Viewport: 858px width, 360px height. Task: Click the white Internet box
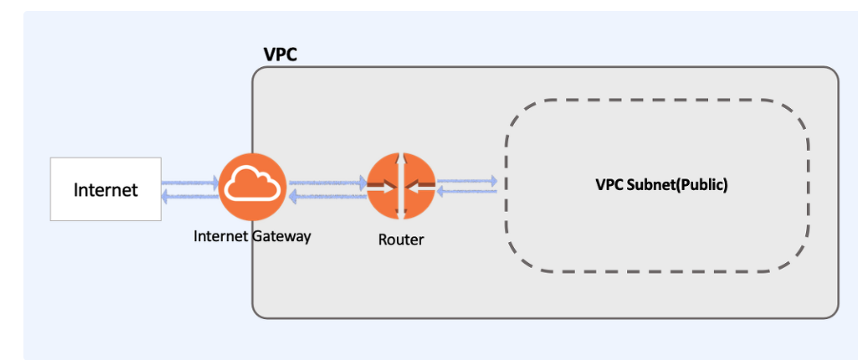(x=105, y=189)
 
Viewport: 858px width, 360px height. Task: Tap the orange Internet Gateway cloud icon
(x=253, y=187)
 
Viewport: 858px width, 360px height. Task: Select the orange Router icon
(x=401, y=186)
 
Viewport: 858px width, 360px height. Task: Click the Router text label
(x=401, y=239)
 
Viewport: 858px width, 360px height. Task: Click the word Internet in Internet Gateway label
(x=221, y=236)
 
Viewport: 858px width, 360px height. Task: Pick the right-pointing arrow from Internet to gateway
(x=190, y=182)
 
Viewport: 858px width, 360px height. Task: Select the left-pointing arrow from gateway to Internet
(x=190, y=196)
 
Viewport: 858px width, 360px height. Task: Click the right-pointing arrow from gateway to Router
(x=327, y=182)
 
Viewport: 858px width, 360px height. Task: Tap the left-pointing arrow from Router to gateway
(x=327, y=196)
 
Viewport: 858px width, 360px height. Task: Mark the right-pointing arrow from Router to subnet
(x=467, y=179)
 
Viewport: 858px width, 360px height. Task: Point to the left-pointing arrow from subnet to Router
(x=467, y=192)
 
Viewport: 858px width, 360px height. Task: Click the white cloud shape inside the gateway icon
(x=253, y=183)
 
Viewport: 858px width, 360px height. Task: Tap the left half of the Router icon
(x=384, y=186)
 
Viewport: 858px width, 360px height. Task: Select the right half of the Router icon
(x=418, y=186)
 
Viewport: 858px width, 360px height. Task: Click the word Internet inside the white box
(x=105, y=190)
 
